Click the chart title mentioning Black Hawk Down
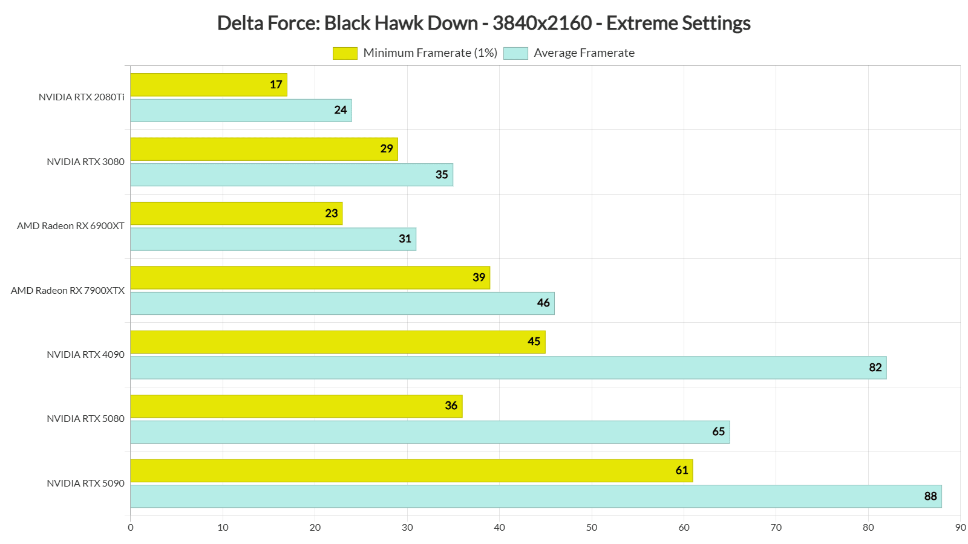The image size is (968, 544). pos(483,23)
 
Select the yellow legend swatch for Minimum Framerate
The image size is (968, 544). pos(345,53)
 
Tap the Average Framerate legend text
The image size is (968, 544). pos(584,53)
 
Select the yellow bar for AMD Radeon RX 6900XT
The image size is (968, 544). pos(236,213)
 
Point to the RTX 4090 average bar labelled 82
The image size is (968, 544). pos(508,368)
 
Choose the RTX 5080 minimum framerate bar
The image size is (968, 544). pos(296,406)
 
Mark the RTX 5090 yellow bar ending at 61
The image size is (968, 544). pos(411,470)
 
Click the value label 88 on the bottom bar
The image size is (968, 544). pos(930,496)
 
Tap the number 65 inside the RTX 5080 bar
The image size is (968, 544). pos(718,432)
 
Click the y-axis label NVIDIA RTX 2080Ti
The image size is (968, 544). pos(82,97)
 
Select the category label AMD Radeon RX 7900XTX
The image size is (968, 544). pos(68,291)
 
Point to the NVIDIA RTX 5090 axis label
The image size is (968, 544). pos(85,484)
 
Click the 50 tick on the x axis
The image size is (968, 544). pos(592,528)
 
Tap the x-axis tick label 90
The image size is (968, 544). pos(960,528)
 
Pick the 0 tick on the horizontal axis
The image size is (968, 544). pos(131,528)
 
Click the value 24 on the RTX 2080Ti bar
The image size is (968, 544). pos(341,110)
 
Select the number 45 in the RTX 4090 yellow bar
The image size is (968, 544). pos(534,342)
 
